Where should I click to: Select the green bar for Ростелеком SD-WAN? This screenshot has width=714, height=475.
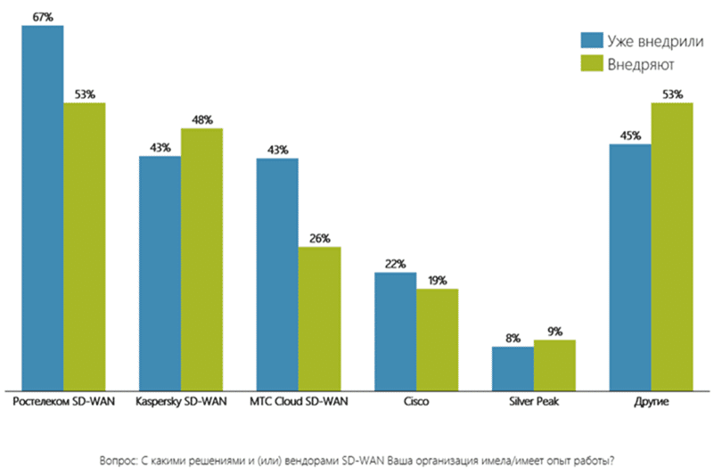pos(85,246)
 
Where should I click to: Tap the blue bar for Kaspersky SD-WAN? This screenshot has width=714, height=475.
pos(160,273)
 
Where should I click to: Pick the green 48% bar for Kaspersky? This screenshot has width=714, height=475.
pos(201,258)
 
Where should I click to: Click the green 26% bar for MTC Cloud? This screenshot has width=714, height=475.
pos(319,317)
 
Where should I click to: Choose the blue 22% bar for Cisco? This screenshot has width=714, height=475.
pos(395,331)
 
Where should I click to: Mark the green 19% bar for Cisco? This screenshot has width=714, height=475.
pos(437,339)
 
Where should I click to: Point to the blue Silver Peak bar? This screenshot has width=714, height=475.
pos(513,368)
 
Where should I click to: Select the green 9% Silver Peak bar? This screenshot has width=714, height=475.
pos(554,364)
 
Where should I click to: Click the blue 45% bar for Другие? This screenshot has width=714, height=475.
pos(630,266)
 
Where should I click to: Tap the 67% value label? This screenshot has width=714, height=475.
pos(43,16)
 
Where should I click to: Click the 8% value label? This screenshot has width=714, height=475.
pos(513,338)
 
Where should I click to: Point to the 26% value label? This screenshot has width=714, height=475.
pos(320,238)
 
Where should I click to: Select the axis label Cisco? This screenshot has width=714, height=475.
pos(415,402)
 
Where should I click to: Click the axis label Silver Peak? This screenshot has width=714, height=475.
pos(533,402)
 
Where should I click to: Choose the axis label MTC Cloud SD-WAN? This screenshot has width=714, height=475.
pos(299,402)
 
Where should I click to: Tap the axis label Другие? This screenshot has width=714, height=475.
pos(651,402)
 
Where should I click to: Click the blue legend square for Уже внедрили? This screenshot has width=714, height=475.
pos(589,40)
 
